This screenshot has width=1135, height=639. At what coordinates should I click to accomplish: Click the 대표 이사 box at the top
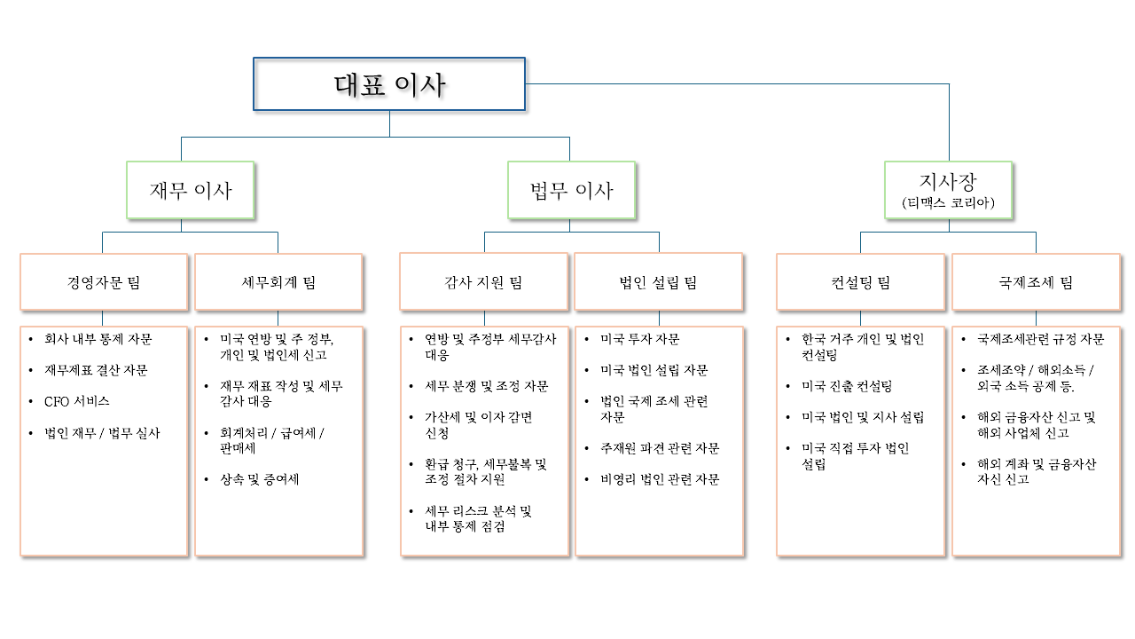click(389, 85)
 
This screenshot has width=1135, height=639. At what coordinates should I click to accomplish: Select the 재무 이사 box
click(191, 190)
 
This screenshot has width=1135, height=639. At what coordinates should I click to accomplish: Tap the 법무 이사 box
click(572, 190)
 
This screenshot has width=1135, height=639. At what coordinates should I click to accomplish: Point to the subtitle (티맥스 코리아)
click(949, 203)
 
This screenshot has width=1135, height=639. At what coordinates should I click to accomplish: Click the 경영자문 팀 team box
click(104, 283)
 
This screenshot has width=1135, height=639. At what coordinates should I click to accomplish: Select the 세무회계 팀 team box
click(278, 283)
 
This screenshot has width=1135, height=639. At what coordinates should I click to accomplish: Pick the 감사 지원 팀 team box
click(483, 283)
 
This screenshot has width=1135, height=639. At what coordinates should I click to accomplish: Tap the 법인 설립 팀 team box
click(658, 283)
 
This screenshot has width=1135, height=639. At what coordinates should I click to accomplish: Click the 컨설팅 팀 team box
click(860, 283)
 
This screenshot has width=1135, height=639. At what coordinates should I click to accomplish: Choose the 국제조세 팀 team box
click(1036, 283)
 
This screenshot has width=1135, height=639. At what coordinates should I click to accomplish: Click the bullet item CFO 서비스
click(77, 402)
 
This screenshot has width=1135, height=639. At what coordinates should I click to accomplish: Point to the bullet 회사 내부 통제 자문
click(98, 339)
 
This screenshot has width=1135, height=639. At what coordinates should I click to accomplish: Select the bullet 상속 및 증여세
click(260, 480)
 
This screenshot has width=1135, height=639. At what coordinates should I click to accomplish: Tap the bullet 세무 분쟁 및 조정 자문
click(487, 387)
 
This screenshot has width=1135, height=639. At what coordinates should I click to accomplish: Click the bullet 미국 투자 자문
click(640, 339)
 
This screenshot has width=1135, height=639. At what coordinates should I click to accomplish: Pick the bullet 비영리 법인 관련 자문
click(660, 480)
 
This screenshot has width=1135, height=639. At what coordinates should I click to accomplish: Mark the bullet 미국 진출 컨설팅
click(847, 387)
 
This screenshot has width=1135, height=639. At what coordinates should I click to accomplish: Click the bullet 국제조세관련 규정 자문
click(1041, 339)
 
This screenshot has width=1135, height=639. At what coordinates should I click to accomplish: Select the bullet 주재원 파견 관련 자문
click(660, 449)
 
